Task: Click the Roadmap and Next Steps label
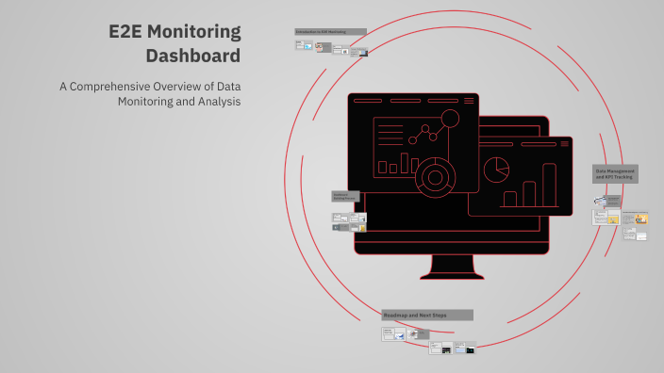[x=426, y=315]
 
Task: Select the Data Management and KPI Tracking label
[x=615, y=174]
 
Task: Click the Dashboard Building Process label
[x=345, y=196]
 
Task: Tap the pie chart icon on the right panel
[x=496, y=170]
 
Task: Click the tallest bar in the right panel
[x=550, y=185]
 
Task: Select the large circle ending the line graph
[x=450, y=119]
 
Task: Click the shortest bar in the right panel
[x=510, y=199]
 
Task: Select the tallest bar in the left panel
[x=413, y=164]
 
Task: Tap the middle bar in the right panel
[x=530, y=194]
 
